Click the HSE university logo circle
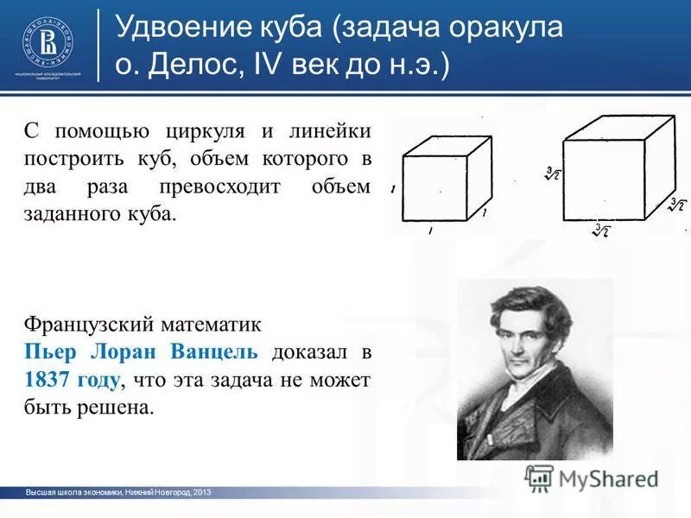tap(48, 41)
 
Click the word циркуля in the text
tap(206, 133)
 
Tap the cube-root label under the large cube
tap(599, 231)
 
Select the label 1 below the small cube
tap(430, 231)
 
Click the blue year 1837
tap(48, 380)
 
